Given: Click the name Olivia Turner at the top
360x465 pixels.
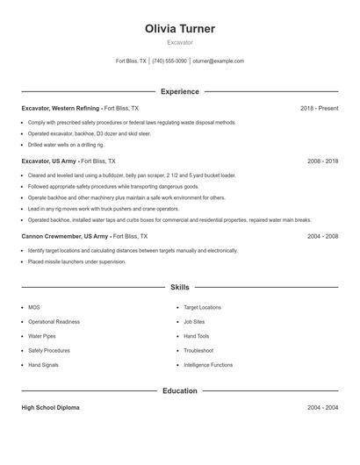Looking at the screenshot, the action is [180, 29].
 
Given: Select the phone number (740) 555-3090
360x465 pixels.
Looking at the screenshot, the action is [169, 61].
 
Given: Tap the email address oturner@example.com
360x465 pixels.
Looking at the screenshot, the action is [219, 61].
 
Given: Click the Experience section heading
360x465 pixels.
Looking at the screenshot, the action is [180, 91].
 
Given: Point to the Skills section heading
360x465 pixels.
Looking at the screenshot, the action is [180, 287].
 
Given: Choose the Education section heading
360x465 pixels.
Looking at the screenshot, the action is [180, 390].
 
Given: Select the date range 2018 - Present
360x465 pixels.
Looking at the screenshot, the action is [319, 108].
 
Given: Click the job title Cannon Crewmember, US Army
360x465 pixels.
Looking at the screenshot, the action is [65, 236].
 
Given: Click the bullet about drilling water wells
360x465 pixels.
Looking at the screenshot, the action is [67, 145].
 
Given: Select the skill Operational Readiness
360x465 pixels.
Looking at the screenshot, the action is [54, 322].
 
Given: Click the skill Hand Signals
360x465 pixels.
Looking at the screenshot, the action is [44, 364].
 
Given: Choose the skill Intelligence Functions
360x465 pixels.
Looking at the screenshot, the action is [208, 364].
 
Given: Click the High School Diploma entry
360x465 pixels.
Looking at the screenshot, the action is [51, 408].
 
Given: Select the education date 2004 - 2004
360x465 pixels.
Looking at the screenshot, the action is [322, 408].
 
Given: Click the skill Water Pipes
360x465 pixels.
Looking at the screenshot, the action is [42, 336].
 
